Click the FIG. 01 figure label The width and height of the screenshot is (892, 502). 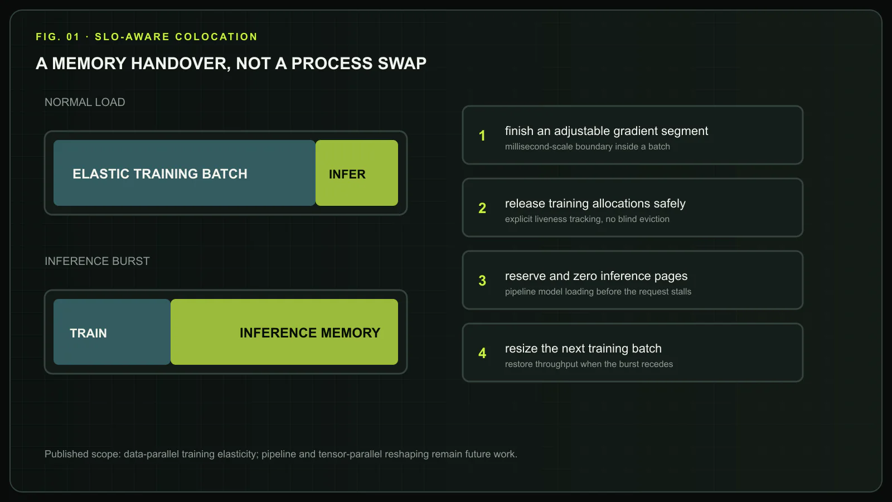58,37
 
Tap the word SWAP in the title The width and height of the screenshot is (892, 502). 402,64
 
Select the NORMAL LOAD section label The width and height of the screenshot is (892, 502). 85,102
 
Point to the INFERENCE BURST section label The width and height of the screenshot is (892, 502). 97,261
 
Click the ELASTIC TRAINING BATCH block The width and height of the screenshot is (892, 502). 185,173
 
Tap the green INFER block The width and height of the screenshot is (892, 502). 357,173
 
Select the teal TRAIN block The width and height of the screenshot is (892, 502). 112,332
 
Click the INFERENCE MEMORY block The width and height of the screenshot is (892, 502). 284,332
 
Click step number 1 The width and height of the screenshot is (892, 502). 482,136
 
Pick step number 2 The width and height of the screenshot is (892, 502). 482,208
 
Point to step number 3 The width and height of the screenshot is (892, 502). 482,281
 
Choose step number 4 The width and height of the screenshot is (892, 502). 482,353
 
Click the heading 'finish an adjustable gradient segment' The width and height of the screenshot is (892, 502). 607,131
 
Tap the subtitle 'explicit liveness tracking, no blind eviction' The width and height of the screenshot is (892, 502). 588,219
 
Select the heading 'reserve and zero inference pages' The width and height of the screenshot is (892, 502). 596,276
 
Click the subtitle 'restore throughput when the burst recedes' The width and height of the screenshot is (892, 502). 589,364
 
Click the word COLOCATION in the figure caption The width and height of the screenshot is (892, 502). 216,37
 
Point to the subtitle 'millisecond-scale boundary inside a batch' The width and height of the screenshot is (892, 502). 588,147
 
